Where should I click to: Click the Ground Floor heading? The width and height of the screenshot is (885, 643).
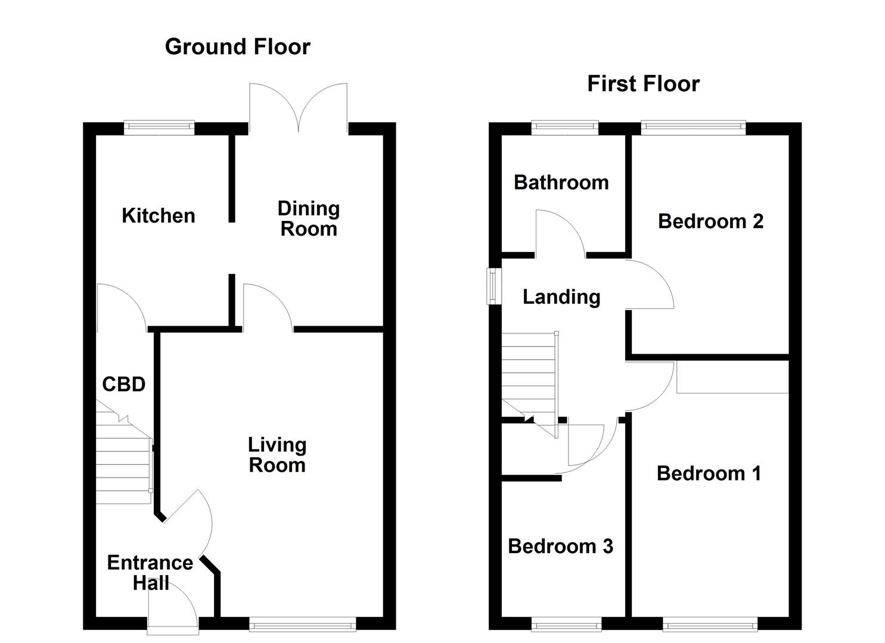click(237, 46)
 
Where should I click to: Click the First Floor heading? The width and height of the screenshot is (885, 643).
click(643, 83)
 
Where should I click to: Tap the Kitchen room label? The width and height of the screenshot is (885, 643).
click(158, 216)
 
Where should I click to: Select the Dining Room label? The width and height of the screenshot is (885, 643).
click(309, 219)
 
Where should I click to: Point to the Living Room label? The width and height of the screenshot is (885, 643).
click(277, 455)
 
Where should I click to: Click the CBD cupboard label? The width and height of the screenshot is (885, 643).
click(123, 385)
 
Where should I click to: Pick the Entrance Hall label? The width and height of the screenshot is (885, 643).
click(150, 573)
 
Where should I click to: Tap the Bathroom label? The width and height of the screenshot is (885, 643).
click(561, 182)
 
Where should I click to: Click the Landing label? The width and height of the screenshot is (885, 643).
click(561, 296)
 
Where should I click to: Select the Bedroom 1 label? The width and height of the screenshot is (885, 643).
click(709, 473)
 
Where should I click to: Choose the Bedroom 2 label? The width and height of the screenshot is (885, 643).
click(710, 221)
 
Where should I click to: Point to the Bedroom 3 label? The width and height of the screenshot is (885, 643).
click(560, 546)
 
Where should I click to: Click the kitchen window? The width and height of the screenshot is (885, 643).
click(159, 127)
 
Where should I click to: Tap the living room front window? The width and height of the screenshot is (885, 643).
click(303, 624)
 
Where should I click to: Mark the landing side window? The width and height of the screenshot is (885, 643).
click(493, 286)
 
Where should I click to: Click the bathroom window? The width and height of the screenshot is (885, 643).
click(564, 127)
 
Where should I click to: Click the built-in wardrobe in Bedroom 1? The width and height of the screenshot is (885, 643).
click(732, 377)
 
